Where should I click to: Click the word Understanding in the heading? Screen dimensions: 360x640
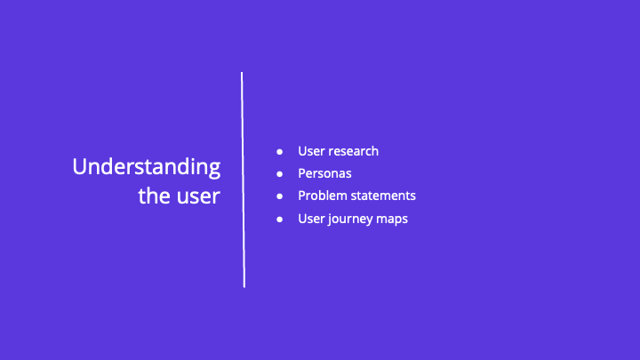(x=146, y=168)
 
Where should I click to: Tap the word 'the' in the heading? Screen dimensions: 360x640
(x=154, y=196)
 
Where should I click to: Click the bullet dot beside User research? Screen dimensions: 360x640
(x=279, y=151)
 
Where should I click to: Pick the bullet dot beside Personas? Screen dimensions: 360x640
(x=279, y=173)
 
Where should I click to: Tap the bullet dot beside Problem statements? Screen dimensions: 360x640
(x=279, y=196)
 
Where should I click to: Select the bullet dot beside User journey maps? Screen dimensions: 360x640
(x=279, y=219)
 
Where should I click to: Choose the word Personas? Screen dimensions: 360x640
(x=324, y=173)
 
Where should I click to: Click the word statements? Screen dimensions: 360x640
(x=382, y=196)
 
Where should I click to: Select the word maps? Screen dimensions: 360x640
(x=392, y=219)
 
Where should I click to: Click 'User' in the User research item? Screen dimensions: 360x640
(x=312, y=151)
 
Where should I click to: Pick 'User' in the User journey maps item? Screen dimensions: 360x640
(x=312, y=219)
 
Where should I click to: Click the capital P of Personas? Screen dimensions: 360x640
(x=302, y=173)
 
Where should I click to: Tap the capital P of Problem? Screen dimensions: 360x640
(x=302, y=196)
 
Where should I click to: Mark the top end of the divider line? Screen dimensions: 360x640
(x=242, y=74)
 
